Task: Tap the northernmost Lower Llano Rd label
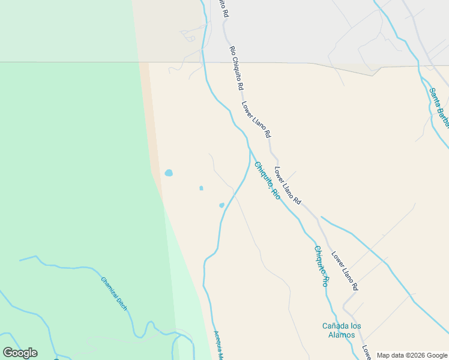[256, 118]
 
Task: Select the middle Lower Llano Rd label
[288, 185]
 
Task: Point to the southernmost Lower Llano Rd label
[345, 270]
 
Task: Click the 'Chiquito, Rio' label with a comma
[267, 180]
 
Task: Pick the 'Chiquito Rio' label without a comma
[321, 266]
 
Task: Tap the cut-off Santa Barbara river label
[438, 108]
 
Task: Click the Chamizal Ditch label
[114, 293]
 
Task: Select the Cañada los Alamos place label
[342, 331]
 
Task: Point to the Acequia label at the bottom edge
[218, 346]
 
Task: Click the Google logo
[20, 353]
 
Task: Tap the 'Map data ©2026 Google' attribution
[412, 355]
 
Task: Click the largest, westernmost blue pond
[169, 173]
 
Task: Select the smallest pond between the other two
[201, 188]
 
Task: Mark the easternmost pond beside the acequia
[221, 205]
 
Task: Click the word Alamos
[342, 335]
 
